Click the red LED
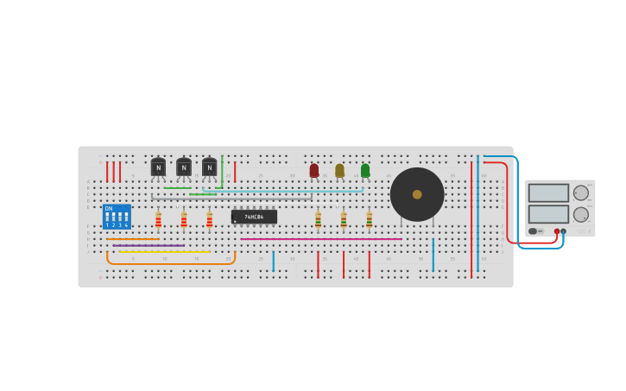click(314, 170)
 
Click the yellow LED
click(339, 170)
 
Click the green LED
click(365, 170)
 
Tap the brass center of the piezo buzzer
click(417, 194)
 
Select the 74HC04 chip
click(254, 217)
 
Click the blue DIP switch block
click(117, 216)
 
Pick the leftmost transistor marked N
click(158, 167)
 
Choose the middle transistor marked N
click(184, 167)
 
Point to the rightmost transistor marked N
click(209, 167)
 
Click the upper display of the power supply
click(548, 192)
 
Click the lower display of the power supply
click(548, 213)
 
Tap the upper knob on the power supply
click(580, 193)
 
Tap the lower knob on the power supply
click(580, 214)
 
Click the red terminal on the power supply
click(557, 231)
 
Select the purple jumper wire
click(149, 245)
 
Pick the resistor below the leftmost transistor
click(158, 219)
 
